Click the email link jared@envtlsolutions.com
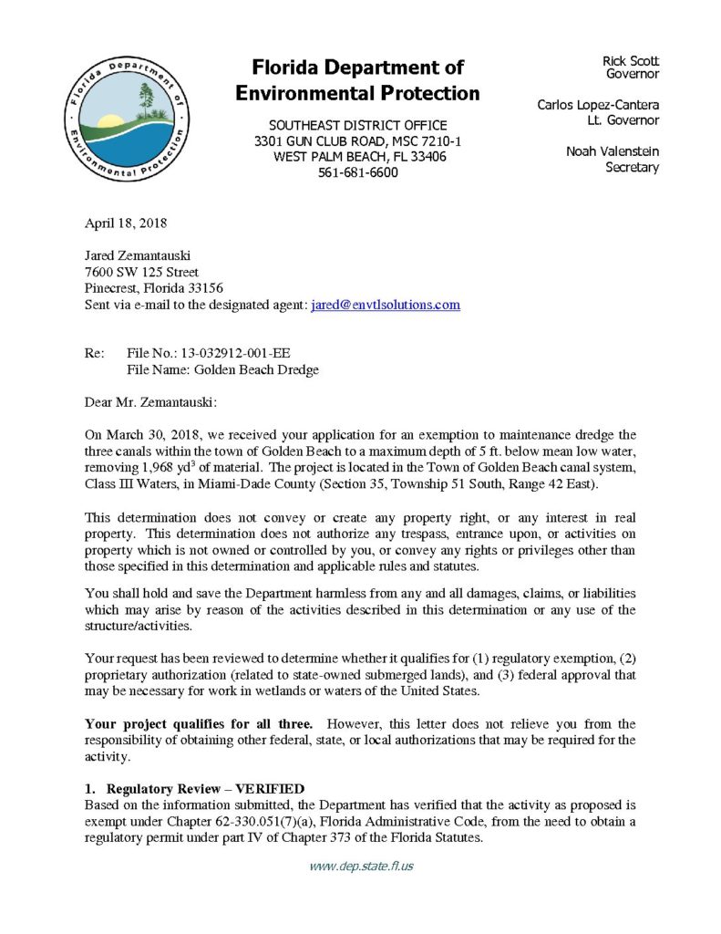click(386, 305)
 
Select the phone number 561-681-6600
click(358, 172)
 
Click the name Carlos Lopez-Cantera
click(598, 105)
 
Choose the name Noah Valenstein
click(612, 151)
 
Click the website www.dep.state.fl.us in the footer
click(361, 866)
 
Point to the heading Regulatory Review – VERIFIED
click(205, 788)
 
